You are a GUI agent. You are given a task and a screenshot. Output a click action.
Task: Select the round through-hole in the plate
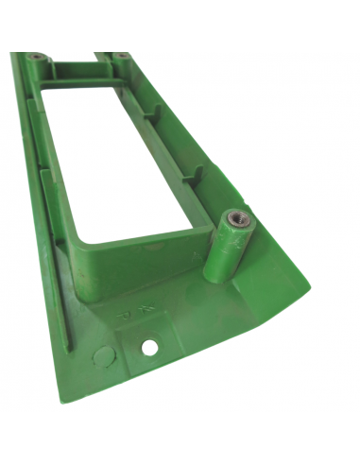pyautogui.click(x=149, y=348)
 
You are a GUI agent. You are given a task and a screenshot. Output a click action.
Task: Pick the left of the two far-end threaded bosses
pyautogui.click(x=35, y=57)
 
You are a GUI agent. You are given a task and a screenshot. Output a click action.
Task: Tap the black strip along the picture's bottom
pyautogui.click(x=180, y=439)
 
